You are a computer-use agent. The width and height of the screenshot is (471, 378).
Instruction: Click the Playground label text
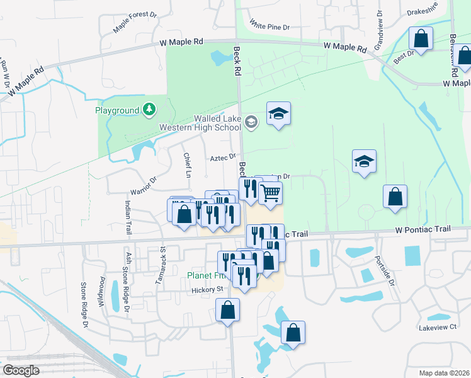(116, 111)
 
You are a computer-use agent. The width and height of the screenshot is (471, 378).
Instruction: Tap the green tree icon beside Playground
(149, 110)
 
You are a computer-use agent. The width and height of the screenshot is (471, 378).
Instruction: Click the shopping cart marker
(270, 193)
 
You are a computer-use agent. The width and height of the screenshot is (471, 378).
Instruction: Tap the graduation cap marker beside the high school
(278, 114)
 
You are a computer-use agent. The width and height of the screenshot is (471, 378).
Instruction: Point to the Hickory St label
(207, 290)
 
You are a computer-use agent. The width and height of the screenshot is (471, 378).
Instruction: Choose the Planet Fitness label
(208, 275)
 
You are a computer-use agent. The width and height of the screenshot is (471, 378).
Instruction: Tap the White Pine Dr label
(269, 26)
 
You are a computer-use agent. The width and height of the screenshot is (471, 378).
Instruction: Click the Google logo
(21, 370)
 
